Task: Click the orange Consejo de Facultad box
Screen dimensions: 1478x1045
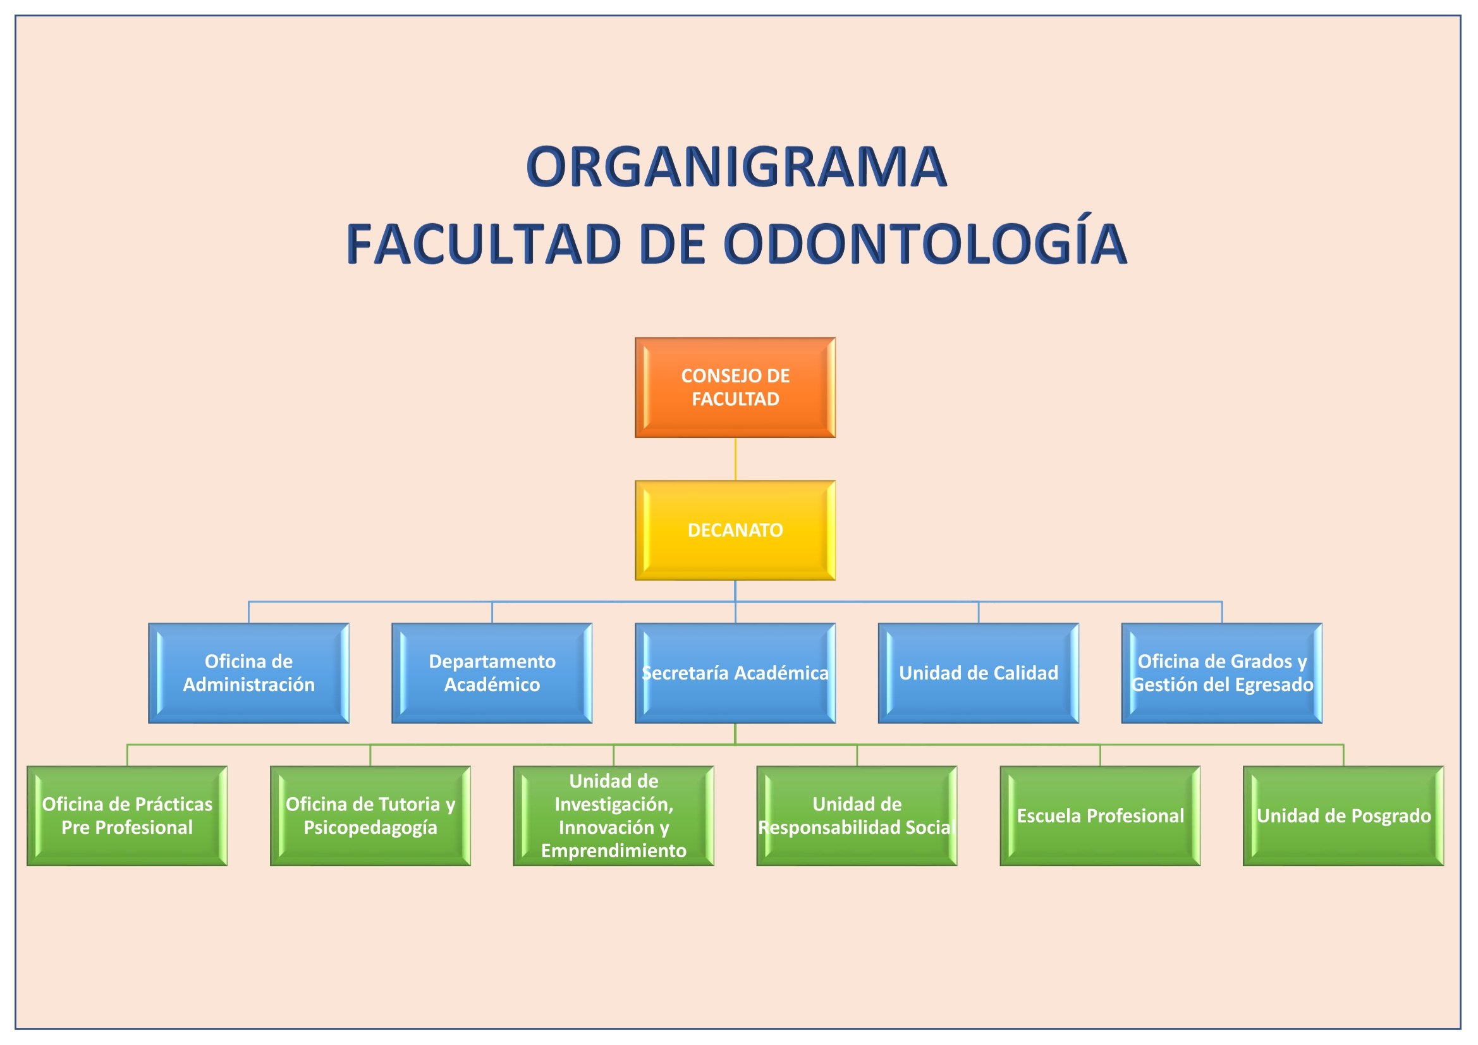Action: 735,388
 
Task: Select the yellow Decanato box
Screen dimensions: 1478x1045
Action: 735,530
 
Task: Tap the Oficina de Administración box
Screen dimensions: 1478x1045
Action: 248,673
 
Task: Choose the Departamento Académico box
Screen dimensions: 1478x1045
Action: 492,673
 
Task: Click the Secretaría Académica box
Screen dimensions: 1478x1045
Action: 735,673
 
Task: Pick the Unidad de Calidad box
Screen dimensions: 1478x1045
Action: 979,673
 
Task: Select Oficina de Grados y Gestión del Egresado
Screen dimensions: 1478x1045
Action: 1222,673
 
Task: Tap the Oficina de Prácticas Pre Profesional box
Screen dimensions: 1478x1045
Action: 127,816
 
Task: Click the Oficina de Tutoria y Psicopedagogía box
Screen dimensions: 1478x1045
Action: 370,816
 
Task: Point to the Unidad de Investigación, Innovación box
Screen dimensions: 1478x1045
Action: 613,816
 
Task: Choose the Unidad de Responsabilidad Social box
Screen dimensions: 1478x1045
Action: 857,816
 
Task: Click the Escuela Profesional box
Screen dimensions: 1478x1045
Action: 1100,816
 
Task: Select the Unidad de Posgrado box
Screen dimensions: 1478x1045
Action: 1343,816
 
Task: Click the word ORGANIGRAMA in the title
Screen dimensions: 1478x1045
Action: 736,167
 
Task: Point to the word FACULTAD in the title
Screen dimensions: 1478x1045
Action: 484,244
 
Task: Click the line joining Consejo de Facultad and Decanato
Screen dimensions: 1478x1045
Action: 735,459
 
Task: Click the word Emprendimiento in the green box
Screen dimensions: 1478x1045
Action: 613,850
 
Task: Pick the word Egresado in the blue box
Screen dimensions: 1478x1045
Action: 1274,685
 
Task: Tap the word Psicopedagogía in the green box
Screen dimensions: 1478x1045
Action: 370,828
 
